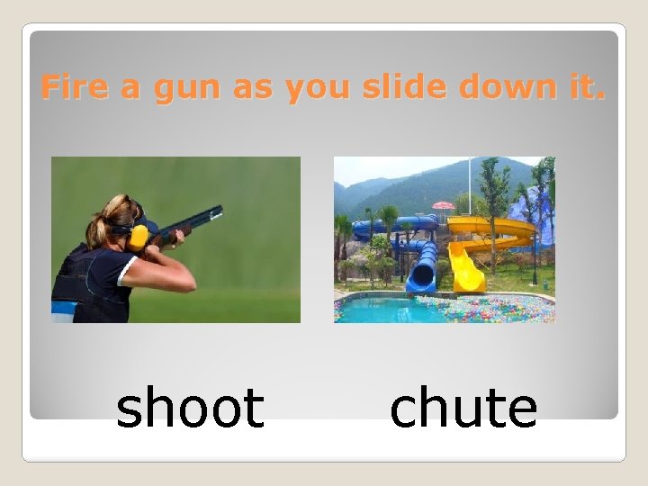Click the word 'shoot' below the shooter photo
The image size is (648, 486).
point(190,408)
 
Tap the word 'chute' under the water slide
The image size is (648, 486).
point(463,408)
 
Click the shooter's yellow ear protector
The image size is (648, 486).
point(138,238)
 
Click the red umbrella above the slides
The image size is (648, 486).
point(443,206)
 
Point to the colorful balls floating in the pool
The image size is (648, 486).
point(486,311)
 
